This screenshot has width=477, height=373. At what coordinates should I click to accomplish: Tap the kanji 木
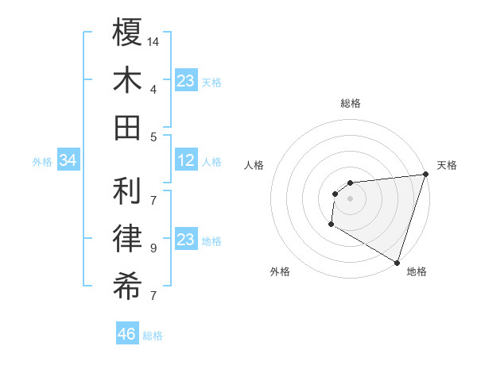coord(127,79)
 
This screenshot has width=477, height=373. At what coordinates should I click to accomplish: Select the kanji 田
coord(127,127)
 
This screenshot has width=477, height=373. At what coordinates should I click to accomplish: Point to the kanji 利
coord(127,190)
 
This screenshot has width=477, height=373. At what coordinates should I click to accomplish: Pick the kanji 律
coord(127,237)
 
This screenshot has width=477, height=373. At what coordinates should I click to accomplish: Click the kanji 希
coord(127,285)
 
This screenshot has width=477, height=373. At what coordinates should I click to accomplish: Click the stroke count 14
coord(154,41)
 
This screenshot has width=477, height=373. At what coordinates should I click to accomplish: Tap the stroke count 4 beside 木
coord(153,89)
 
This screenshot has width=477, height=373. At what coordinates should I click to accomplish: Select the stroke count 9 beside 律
coord(153,248)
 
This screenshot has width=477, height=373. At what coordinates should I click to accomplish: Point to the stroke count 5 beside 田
coord(153,137)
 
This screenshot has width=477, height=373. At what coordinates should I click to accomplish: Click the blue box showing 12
coord(186,161)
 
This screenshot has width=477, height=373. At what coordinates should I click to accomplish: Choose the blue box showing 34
coord(68,161)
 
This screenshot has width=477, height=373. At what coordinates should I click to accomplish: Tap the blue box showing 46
coord(126,335)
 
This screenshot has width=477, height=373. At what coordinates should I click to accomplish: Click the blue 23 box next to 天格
coord(186,82)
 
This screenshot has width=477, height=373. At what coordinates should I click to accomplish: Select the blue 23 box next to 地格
coord(186,240)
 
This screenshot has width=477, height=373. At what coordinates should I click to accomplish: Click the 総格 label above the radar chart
coord(350,103)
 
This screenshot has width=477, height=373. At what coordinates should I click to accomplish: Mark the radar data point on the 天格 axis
coord(425,175)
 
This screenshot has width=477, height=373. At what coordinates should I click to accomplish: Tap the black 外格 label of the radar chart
coord(280,271)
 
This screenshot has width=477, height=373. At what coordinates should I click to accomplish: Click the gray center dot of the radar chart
coord(350,198)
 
